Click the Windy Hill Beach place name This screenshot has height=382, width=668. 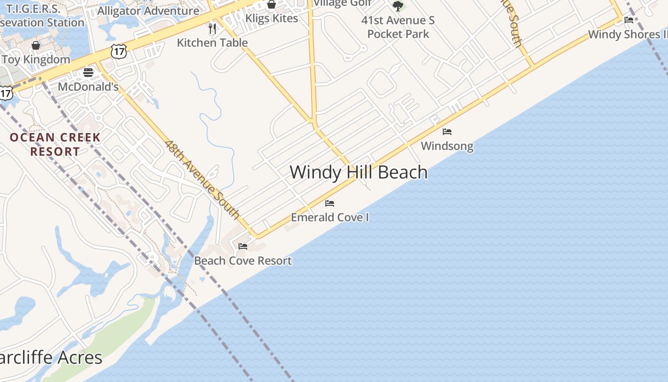point(358,172)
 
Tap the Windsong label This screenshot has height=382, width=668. point(447,146)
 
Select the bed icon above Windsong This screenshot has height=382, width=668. point(447,132)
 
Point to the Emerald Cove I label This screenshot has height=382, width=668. point(330,218)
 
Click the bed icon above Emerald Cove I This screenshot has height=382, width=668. point(330,203)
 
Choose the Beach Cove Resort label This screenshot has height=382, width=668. point(243,261)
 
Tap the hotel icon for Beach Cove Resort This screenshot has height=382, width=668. point(243,246)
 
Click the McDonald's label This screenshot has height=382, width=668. point(88,87)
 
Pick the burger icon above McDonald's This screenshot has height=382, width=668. point(88,73)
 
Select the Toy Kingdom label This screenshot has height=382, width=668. point(36,60)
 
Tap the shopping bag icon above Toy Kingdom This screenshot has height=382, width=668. point(36,45)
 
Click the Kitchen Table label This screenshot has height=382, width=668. point(212,42)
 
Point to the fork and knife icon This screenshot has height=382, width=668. point(212,29)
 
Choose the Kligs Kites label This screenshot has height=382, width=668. point(271,18)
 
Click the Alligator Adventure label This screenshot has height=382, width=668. point(148,11)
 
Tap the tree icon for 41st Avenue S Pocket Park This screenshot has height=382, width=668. point(398,6)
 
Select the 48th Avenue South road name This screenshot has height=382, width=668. point(202,179)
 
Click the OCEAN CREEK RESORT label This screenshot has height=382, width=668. point(55,144)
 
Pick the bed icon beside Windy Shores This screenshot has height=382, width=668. point(629,20)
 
